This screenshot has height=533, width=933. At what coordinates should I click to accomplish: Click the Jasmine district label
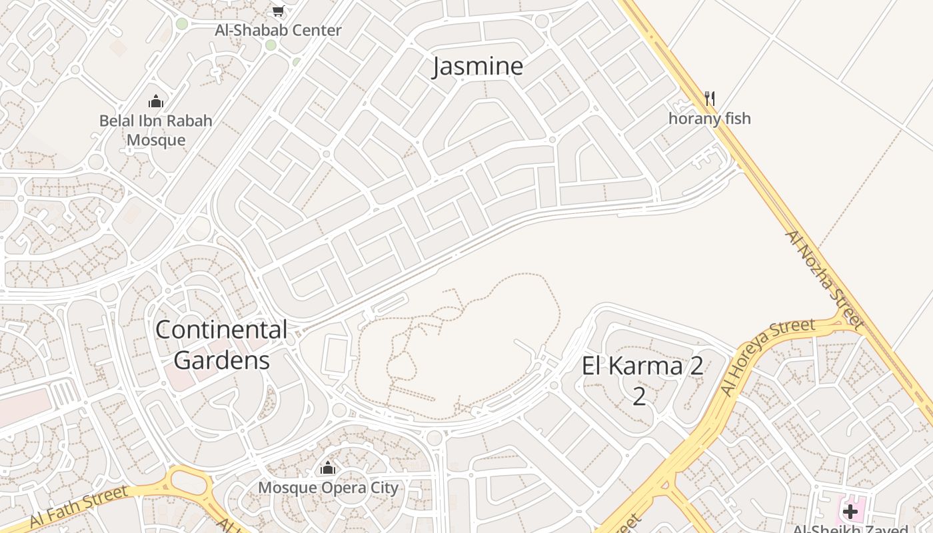click(x=478, y=67)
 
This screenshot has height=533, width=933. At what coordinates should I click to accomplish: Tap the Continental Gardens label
click(x=221, y=345)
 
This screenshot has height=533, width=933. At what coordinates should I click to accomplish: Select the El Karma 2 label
click(x=642, y=380)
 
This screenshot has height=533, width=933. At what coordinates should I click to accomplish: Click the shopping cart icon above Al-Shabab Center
click(x=279, y=11)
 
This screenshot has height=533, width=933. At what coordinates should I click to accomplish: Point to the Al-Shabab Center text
click(x=278, y=31)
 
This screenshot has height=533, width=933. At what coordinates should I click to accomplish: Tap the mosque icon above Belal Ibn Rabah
click(x=156, y=101)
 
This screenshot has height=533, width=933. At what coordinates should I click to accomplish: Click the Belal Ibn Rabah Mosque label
click(x=156, y=131)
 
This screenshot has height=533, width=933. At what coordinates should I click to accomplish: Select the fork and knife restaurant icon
click(x=710, y=99)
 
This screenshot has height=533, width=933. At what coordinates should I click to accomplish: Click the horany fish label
click(x=710, y=119)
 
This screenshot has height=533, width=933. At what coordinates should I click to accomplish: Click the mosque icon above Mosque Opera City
click(x=327, y=468)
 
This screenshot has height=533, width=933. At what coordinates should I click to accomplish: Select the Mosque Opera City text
click(x=328, y=488)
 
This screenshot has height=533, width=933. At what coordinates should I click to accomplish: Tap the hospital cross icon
click(x=850, y=512)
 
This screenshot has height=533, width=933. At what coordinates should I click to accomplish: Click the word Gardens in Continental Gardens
click(x=221, y=360)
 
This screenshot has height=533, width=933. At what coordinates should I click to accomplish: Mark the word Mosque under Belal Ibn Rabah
click(x=156, y=141)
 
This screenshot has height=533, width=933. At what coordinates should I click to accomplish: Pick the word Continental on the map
click(x=221, y=330)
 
